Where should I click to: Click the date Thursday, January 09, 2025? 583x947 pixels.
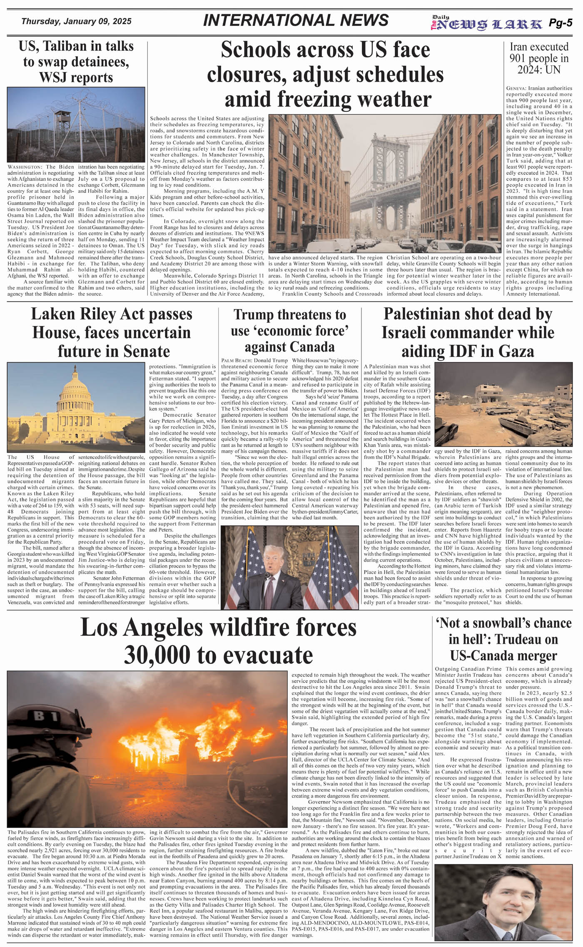tap(76, 21)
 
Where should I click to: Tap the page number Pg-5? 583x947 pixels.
tap(560, 23)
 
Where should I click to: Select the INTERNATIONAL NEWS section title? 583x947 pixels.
tap(296, 20)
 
